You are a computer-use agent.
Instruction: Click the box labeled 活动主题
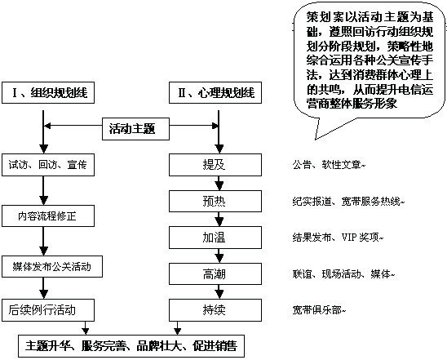pyautogui.click(x=135, y=129)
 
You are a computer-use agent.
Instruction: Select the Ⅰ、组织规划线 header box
pyautogui.click(x=48, y=93)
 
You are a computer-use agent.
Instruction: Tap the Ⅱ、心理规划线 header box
pyautogui.click(x=215, y=93)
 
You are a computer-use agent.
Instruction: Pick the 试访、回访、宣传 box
pyautogui.click(x=48, y=165)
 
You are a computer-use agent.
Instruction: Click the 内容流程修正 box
pyautogui.click(x=48, y=216)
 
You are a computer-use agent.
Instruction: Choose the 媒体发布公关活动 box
pyautogui.click(x=52, y=267)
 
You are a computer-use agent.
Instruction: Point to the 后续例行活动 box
pyautogui.click(x=48, y=310)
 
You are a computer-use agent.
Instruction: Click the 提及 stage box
pyautogui.click(x=215, y=165)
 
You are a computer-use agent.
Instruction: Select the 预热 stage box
pyautogui.click(x=215, y=202)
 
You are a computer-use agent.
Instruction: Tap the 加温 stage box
pyautogui.click(x=215, y=238)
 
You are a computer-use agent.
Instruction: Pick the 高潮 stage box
pyautogui.click(x=215, y=273)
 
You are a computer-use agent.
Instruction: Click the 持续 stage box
pyautogui.click(x=215, y=310)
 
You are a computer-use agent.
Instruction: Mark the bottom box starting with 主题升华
pyautogui.click(x=131, y=346)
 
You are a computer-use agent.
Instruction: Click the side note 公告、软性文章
pyautogui.click(x=329, y=165)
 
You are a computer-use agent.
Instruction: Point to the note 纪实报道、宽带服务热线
pyautogui.click(x=348, y=202)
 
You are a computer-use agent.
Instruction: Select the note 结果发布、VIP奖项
pyautogui.click(x=338, y=238)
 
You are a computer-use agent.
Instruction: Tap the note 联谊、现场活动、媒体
pyautogui.click(x=343, y=274)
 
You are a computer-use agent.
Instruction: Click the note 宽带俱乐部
pyautogui.click(x=319, y=310)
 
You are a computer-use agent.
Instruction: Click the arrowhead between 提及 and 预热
pyautogui.click(x=219, y=186)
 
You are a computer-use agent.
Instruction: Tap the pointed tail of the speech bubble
pyautogui.click(x=316, y=139)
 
